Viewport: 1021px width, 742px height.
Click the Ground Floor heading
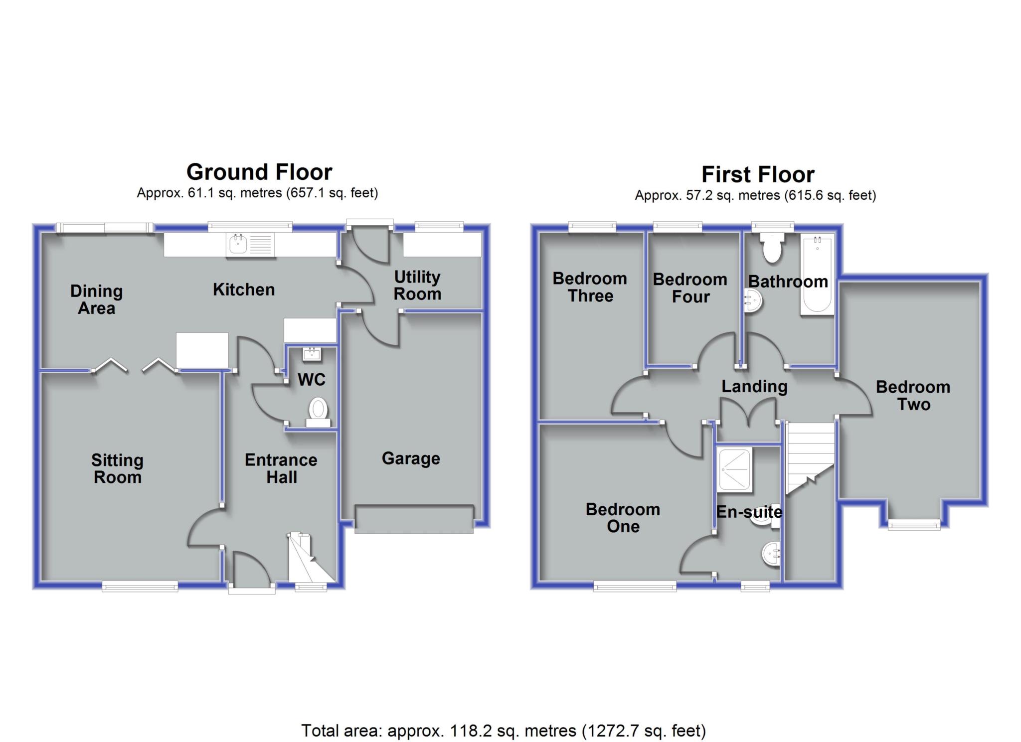(259, 172)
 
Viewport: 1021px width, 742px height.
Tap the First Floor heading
(758, 175)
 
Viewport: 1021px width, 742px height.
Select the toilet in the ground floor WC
(318, 413)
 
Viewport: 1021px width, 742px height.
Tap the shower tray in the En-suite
(734, 470)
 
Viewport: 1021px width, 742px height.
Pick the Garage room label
(411, 458)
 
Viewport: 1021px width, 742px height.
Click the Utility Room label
(417, 286)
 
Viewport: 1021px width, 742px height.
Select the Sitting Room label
(117, 469)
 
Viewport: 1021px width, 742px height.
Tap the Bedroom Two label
(913, 396)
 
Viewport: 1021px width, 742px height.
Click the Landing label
(754, 387)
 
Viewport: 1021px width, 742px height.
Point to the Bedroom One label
(623, 518)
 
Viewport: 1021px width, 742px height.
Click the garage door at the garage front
(414, 519)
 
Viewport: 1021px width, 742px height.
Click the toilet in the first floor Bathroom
(772, 250)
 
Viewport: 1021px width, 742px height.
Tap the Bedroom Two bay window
(914, 524)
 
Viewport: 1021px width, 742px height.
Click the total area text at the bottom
(504, 731)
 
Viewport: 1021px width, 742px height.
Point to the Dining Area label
(96, 299)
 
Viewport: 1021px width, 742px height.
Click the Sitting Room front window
(140, 587)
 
